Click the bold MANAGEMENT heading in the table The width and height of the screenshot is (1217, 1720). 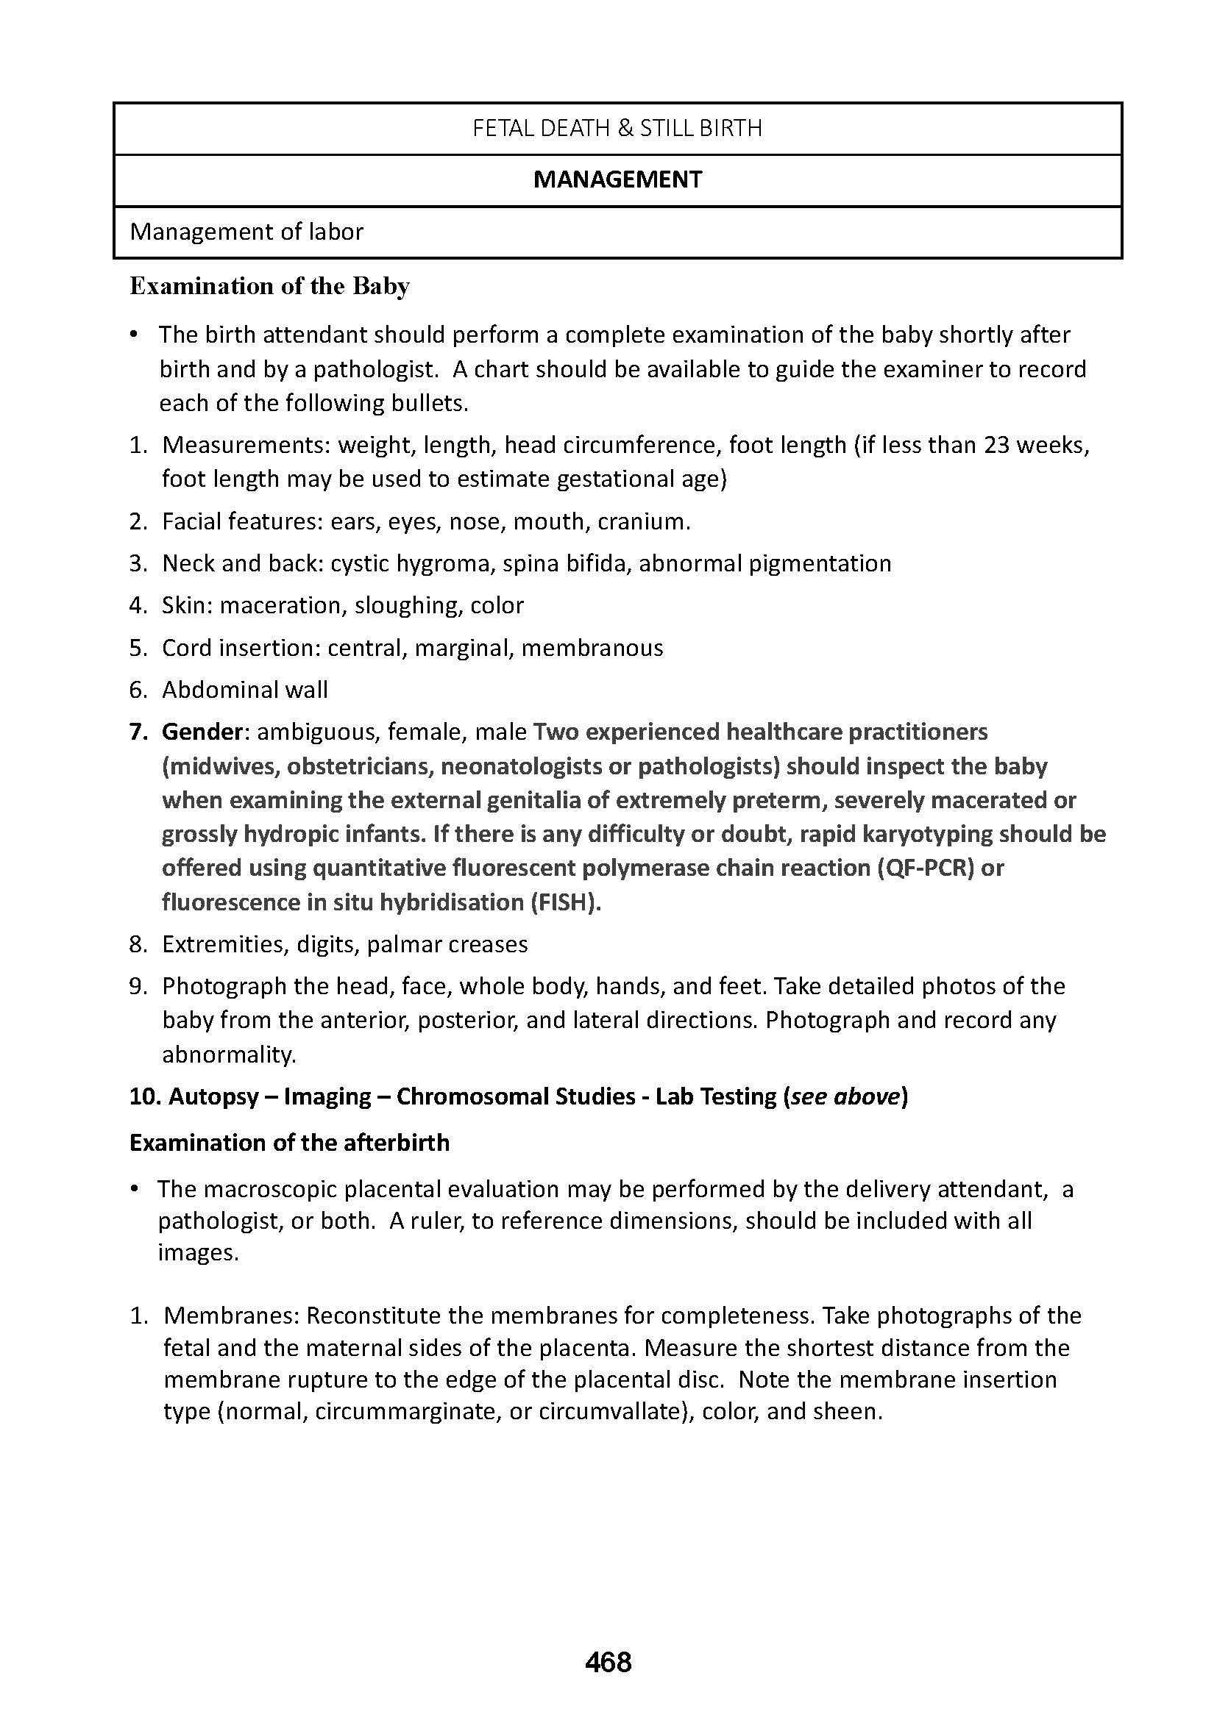(x=617, y=179)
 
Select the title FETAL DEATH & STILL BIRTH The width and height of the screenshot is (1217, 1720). (x=617, y=129)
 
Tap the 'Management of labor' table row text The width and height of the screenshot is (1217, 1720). (x=246, y=232)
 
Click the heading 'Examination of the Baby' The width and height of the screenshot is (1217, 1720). (x=270, y=286)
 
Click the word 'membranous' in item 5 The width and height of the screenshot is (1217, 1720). (x=592, y=647)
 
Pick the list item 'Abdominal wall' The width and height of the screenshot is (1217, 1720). (x=245, y=689)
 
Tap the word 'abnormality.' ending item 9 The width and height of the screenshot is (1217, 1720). (x=230, y=1055)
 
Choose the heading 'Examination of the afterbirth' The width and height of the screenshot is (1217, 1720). (x=289, y=1143)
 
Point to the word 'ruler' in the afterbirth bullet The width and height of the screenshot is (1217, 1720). (x=437, y=1221)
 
